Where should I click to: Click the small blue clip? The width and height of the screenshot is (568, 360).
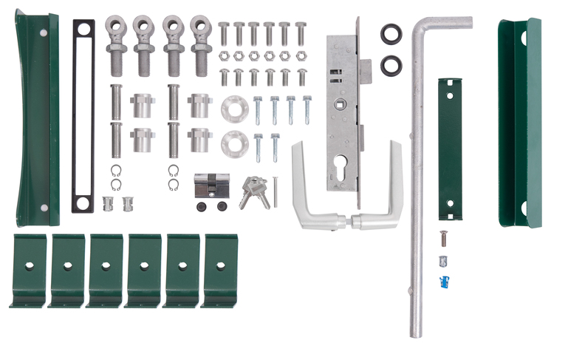[445, 281]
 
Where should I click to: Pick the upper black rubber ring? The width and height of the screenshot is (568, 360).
[390, 33]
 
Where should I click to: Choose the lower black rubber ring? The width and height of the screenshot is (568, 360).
[390, 66]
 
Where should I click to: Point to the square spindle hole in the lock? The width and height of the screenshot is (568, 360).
[342, 103]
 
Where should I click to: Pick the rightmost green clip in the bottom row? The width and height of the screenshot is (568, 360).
[220, 270]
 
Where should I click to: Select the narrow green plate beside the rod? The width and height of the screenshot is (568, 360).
[448, 148]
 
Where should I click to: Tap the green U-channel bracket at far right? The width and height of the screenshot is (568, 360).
[519, 122]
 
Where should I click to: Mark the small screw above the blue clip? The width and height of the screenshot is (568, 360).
[443, 238]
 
